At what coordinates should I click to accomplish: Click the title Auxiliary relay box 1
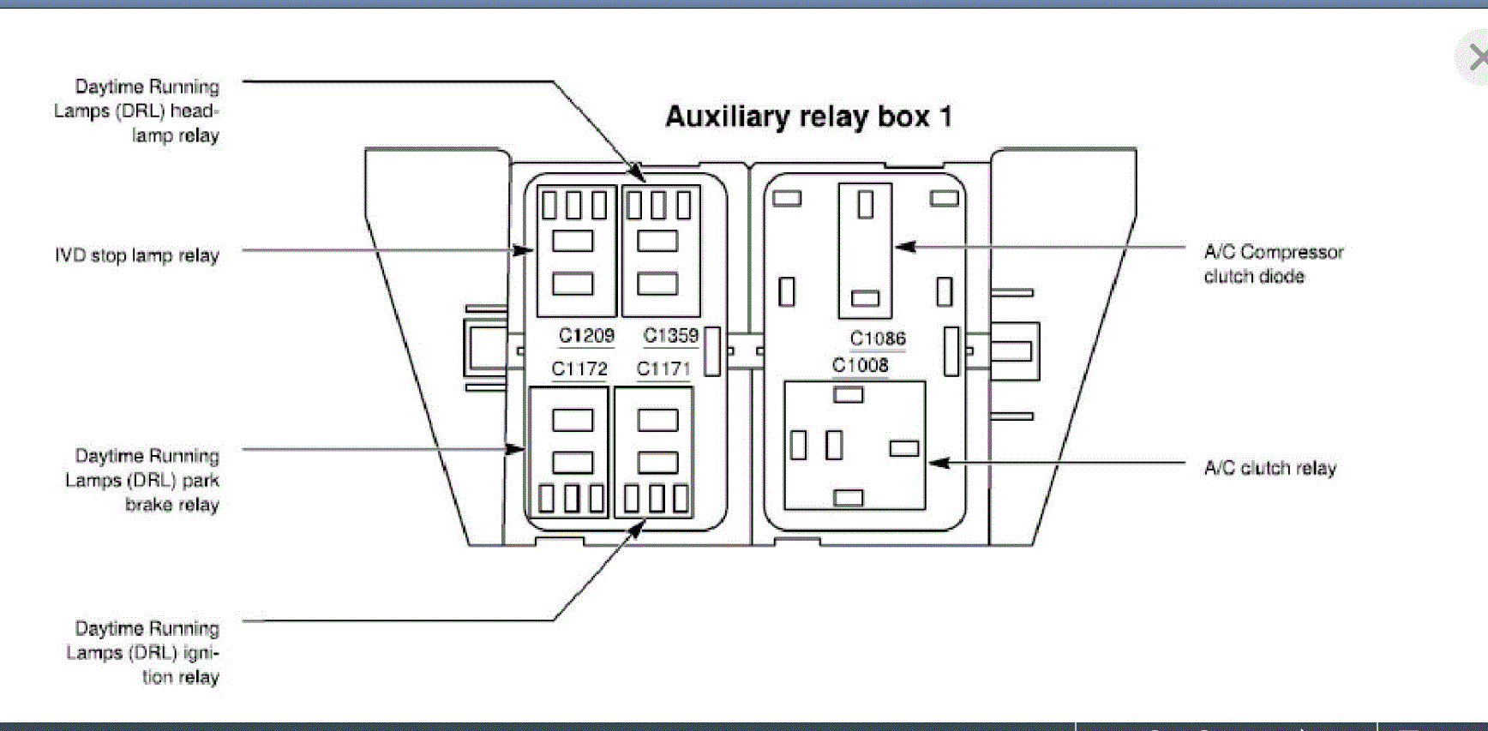point(808,117)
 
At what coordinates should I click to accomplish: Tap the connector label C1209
point(586,336)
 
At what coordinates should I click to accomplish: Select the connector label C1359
point(671,336)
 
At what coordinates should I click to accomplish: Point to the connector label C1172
point(579,369)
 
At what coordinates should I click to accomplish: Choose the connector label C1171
point(663,369)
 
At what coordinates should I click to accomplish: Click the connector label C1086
point(878,339)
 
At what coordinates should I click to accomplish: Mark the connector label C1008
point(861,365)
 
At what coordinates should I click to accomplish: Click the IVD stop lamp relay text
point(137,255)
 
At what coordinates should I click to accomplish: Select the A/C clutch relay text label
point(1270,468)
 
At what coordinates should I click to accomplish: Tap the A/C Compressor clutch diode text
point(1273,264)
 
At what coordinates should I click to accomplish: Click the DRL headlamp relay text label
point(137,111)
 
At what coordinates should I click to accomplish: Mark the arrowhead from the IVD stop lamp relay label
point(525,250)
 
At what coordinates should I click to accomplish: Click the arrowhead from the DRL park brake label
point(516,449)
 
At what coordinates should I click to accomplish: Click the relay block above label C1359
point(660,251)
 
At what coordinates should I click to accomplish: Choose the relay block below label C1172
point(569,452)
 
